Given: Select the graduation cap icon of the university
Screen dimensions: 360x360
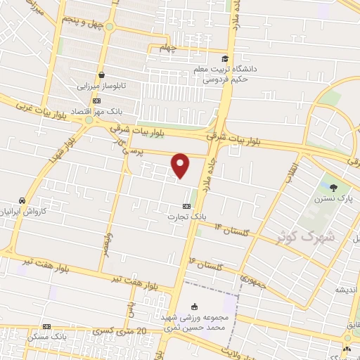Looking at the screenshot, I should click(x=225, y=58).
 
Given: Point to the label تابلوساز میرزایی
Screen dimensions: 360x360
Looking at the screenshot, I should click(x=103, y=86).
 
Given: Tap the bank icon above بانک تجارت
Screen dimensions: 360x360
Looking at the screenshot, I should click(x=186, y=206).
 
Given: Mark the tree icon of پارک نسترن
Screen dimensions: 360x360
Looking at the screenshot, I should click(x=332, y=187).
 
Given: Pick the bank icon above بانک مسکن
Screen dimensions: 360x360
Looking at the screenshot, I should click(x=46, y=326).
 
